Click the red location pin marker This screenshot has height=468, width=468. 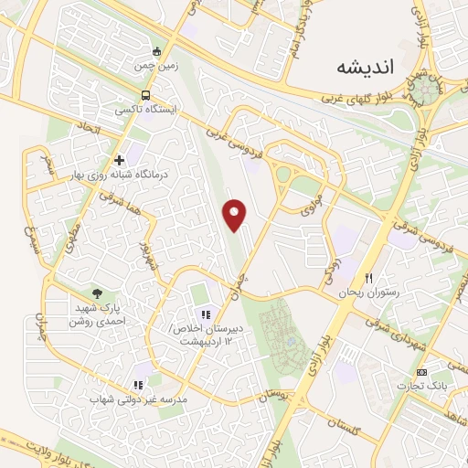(x=236, y=214)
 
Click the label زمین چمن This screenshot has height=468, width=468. (x=156, y=68)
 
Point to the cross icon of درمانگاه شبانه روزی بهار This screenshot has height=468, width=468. (x=119, y=161)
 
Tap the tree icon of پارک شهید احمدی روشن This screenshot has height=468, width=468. (x=97, y=292)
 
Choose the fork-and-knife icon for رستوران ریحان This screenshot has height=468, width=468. (x=369, y=278)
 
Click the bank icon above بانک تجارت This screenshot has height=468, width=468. (x=421, y=372)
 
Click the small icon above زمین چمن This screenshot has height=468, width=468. (x=156, y=52)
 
